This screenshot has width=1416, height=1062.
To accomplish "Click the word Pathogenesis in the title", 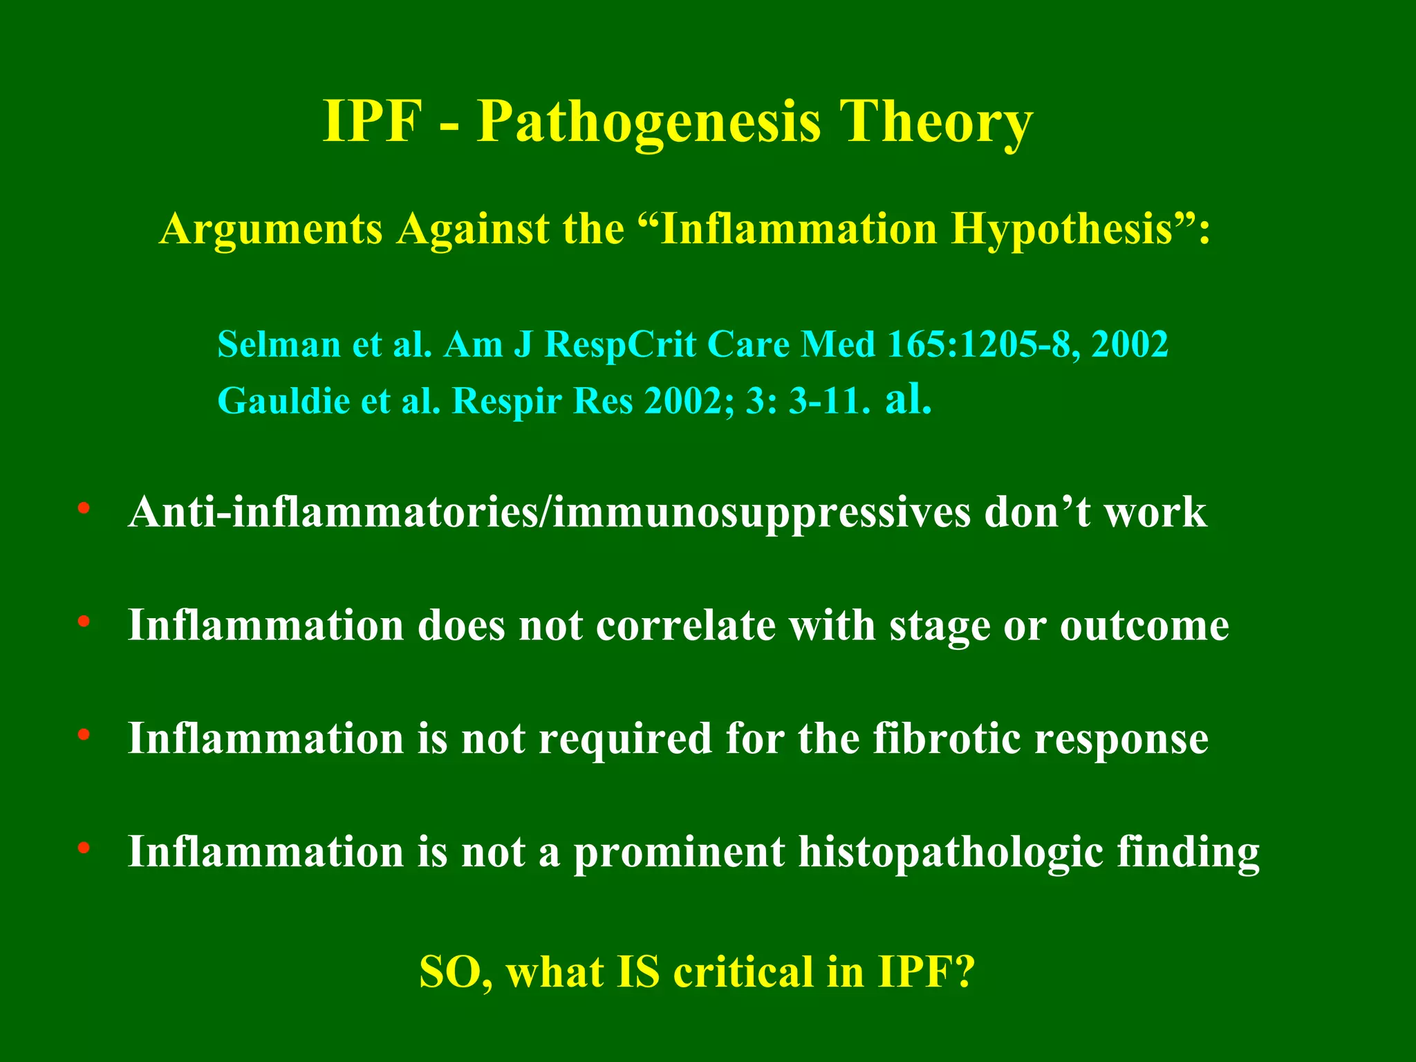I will [648, 122].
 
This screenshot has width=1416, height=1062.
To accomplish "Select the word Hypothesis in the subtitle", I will [1062, 230].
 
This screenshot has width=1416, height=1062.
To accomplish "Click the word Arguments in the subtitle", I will [271, 230].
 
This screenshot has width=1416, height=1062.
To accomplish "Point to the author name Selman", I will [279, 344].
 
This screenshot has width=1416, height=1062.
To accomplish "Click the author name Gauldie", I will [283, 400].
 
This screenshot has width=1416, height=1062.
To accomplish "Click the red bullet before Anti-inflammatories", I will [84, 510].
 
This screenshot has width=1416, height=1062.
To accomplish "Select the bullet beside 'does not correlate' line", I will [84, 622].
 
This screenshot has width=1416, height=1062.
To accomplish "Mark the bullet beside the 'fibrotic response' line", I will [84, 735].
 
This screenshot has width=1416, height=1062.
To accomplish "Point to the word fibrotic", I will [946, 738].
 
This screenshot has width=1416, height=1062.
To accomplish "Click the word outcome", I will [1144, 626].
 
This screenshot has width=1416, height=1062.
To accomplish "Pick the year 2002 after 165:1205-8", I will [1130, 344].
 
